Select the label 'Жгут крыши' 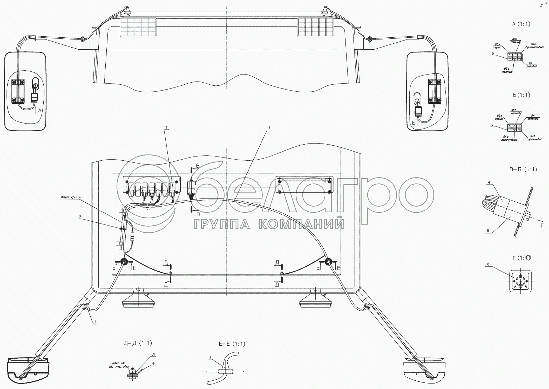(x=70, y=197)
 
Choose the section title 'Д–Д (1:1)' (x=138, y=343)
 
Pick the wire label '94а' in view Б (x=506, y=137)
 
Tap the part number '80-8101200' (x=119, y=367)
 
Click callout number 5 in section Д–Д (x=154, y=355)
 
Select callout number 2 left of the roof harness (x=80, y=217)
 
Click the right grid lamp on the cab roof (x=316, y=27)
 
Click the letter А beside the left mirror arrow (x=40, y=111)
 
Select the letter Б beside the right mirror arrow (x=414, y=123)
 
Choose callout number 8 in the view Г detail (x=488, y=264)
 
